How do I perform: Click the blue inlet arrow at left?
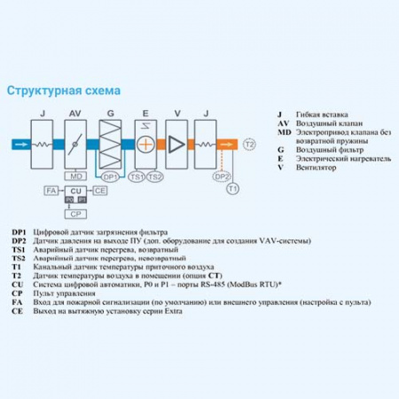click(18, 143)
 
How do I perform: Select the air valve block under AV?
click(75, 142)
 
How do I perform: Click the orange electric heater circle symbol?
click(146, 142)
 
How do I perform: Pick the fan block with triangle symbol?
click(178, 142)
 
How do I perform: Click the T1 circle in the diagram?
click(233, 188)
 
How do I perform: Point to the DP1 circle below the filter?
click(110, 176)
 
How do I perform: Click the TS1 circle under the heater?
click(137, 176)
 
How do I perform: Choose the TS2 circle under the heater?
click(154, 176)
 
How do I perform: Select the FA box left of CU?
click(51, 191)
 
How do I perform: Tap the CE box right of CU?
click(100, 191)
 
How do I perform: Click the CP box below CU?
click(75, 214)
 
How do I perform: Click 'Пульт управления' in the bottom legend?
click(62, 284)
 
